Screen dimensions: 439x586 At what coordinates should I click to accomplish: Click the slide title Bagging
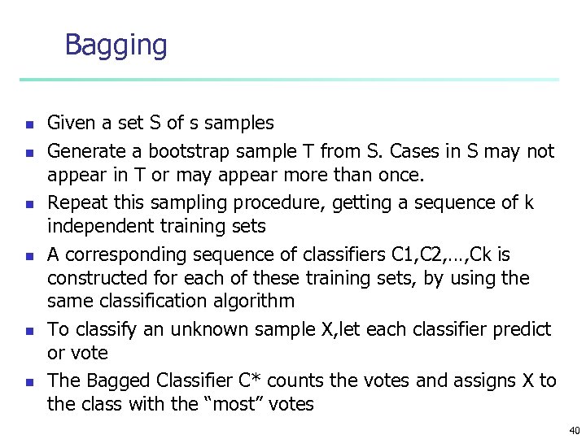[116, 45]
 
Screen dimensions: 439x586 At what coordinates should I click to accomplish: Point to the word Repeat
[74, 202]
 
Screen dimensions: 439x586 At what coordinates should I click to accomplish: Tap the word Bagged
[116, 380]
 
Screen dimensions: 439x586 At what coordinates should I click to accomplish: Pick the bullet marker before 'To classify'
[28, 332]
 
